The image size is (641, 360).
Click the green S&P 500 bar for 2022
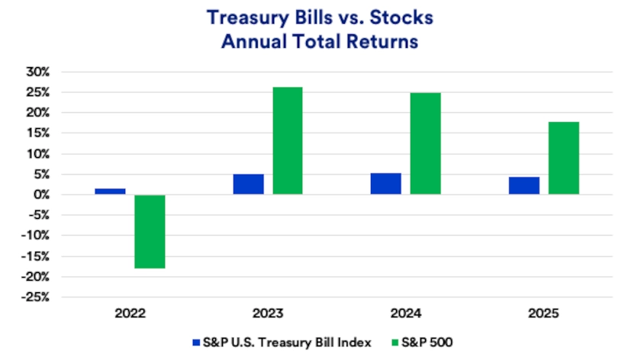150,232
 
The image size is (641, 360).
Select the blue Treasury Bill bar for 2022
110,191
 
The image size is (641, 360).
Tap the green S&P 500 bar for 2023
288,141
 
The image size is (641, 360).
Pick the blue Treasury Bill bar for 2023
248,185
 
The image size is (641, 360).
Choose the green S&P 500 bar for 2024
425,144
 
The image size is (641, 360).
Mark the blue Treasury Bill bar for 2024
386,184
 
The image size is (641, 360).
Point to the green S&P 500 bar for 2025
563,159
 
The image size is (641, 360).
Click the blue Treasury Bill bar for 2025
524,186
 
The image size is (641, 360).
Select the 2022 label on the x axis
130,313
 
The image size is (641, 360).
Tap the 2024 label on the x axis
405,313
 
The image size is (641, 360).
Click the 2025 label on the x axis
543,313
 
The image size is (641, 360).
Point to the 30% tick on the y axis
37,72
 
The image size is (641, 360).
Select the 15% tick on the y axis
38,133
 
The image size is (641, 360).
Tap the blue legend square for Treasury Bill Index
196,342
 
